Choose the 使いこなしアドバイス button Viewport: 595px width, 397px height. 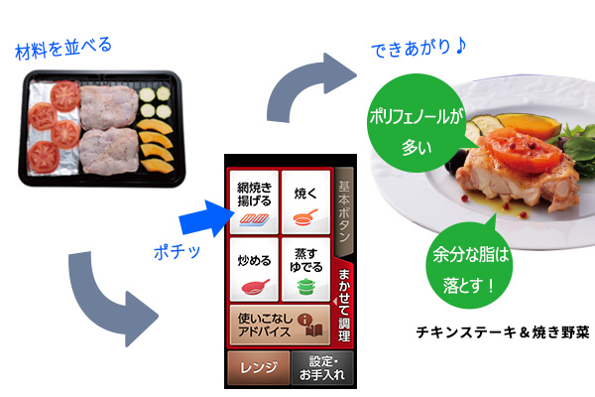pos(279,326)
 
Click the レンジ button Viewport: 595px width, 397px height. pos(256,369)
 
